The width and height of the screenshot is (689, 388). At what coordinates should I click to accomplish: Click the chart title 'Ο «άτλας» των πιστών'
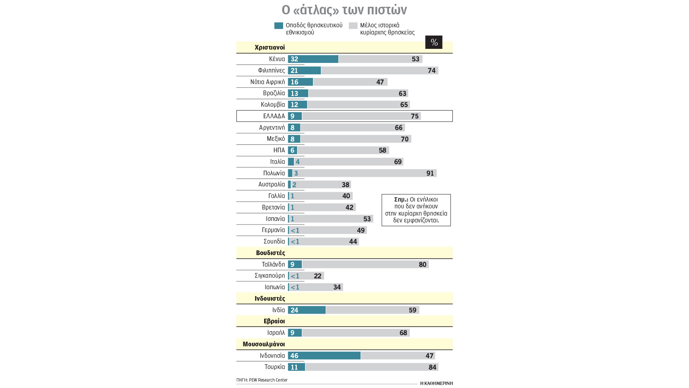coord(344,10)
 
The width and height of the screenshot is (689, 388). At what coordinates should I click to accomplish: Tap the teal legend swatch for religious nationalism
coord(278,26)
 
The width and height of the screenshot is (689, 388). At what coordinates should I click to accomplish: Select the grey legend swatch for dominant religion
coord(353,26)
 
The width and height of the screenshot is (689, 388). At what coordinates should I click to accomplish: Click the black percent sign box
coord(433,42)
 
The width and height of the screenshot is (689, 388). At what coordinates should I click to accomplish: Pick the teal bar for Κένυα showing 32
coord(313,59)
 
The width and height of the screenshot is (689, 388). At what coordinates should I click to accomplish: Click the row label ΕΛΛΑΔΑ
coord(274,116)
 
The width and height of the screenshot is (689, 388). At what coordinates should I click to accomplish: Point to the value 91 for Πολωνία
coord(430,173)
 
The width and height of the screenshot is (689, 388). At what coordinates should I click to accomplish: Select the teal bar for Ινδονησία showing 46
coord(324,356)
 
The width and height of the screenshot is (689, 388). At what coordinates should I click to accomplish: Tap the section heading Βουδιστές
coord(271,253)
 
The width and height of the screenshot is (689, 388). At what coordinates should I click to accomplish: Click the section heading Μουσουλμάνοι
coord(264,344)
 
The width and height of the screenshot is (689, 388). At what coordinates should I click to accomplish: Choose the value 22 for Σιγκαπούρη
coord(318,276)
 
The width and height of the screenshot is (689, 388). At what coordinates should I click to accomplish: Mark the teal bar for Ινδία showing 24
coord(307,310)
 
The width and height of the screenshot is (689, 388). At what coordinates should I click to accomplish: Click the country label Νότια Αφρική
coord(267,82)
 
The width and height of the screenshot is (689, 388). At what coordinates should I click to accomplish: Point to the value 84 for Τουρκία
coord(432,367)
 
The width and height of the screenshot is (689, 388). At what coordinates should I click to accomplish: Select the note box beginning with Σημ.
coord(416,210)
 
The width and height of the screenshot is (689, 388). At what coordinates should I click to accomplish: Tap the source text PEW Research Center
coord(268,380)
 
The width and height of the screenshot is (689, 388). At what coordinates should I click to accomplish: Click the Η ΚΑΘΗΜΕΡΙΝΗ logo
coord(436,383)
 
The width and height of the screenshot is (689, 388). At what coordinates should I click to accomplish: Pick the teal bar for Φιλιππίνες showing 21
coord(304,70)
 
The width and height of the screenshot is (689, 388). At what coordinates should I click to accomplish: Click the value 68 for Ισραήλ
coord(403,333)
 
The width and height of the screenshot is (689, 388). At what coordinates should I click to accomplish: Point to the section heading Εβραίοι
coord(274,321)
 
